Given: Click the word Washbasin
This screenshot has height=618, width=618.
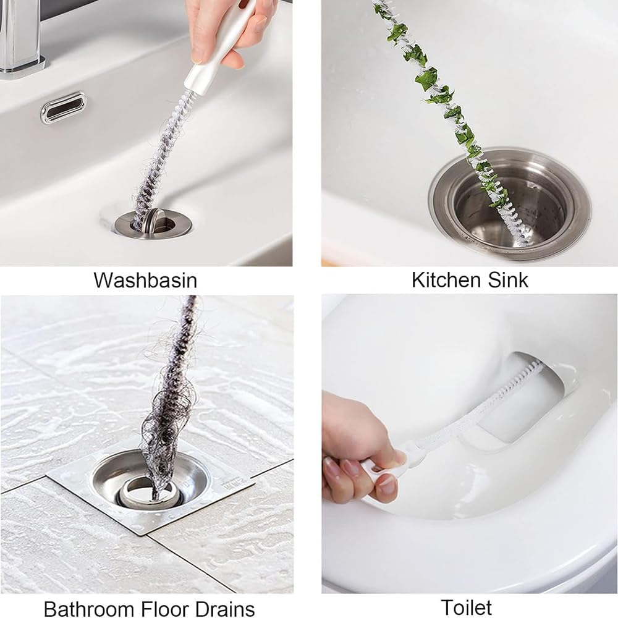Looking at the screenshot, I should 145,280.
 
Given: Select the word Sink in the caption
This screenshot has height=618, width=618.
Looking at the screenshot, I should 506,279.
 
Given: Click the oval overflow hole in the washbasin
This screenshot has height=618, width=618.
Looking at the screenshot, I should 64,107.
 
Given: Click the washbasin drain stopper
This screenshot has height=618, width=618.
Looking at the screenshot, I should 154,221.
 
